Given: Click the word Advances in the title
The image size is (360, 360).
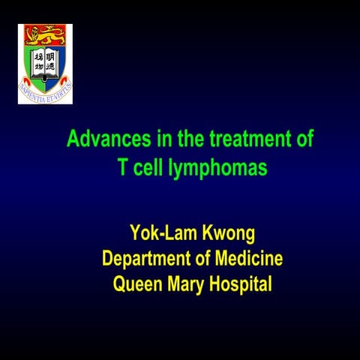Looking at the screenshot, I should (101, 139).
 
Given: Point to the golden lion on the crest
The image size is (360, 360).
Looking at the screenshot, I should (45, 34).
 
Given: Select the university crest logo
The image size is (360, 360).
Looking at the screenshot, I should (45, 63).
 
